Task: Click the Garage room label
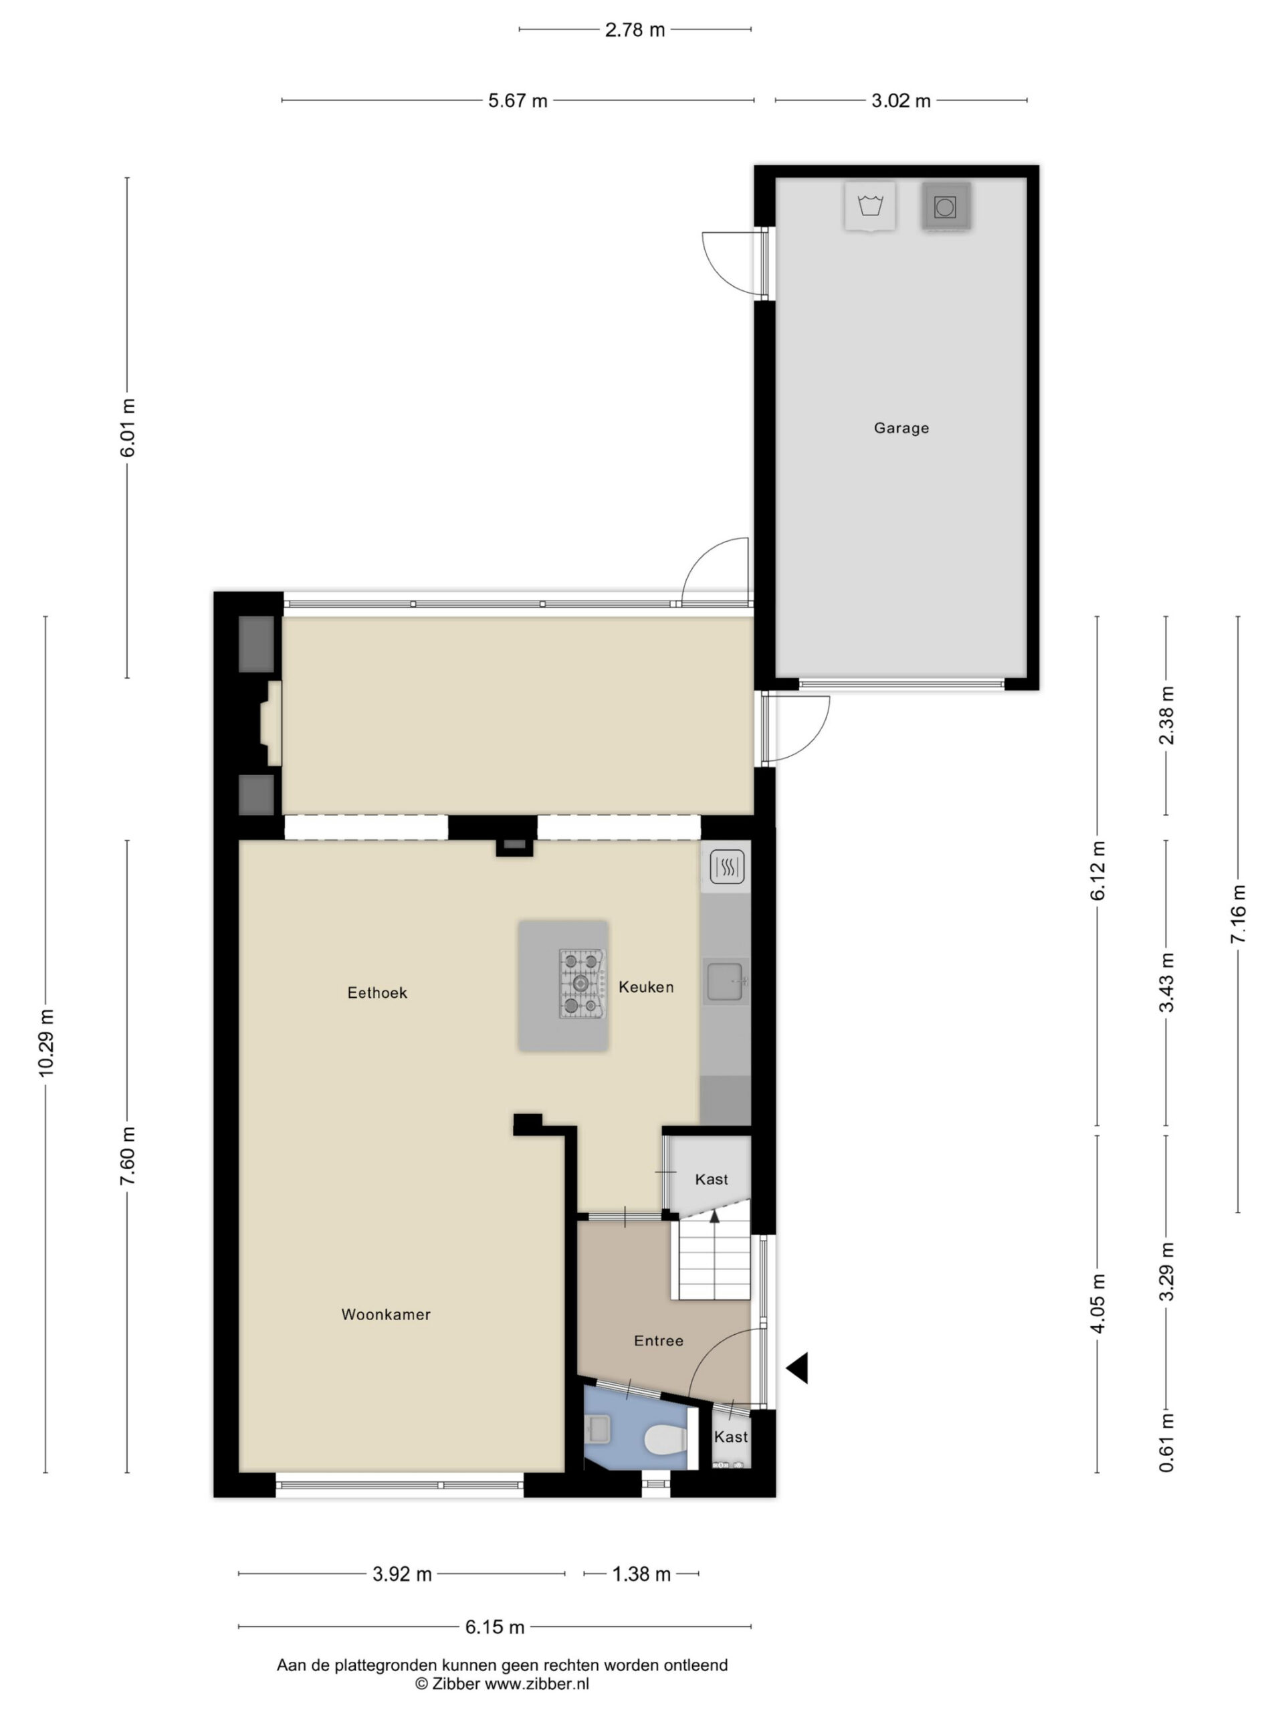pos(901,428)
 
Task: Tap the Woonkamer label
pos(385,1314)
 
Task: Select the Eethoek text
pos(377,993)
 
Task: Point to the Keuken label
pos(645,987)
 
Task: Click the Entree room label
pos(659,1342)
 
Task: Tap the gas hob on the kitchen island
pos(582,984)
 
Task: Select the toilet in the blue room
pos(665,1440)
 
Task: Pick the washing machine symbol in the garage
pos(870,207)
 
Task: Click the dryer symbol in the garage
pos(945,207)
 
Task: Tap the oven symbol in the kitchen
pos(727,867)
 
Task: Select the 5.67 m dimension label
pos(518,100)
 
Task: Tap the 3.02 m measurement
pos(901,100)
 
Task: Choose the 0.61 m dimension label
pos(1166,1442)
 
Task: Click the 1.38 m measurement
pos(641,1574)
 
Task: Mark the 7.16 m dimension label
pos(1239,914)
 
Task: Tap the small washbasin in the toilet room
pos(599,1428)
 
